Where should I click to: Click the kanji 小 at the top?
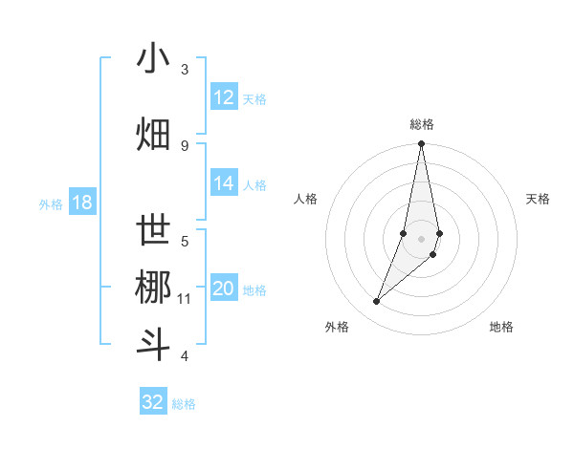click(154, 59)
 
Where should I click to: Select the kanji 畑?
click(154, 135)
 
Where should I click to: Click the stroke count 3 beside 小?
click(185, 70)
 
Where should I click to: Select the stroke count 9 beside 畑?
click(185, 145)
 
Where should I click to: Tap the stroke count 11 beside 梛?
click(185, 299)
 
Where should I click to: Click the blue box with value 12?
click(224, 96)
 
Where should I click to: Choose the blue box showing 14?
click(224, 183)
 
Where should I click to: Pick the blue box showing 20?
click(224, 289)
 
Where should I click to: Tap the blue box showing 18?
click(81, 203)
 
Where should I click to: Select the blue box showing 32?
click(153, 402)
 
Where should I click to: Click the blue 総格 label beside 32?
click(185, 404)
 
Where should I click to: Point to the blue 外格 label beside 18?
click(51, 203)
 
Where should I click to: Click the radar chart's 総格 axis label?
click(421, 124)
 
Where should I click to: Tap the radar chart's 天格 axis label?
click(539, 199)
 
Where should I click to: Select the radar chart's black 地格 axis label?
click(501, 327)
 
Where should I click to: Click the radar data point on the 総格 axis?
click(421, 144)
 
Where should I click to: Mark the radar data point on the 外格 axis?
click(377, 302)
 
